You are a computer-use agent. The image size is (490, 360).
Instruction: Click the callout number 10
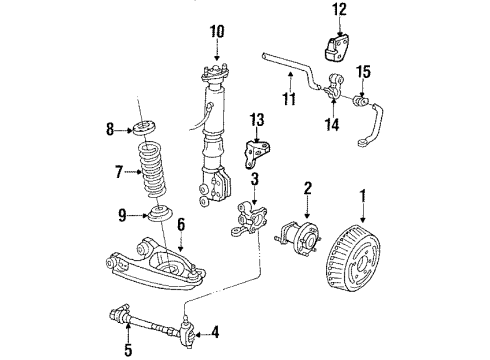(x=217, y=44)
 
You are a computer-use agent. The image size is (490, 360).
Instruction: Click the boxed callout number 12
(x=339, y=12)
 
